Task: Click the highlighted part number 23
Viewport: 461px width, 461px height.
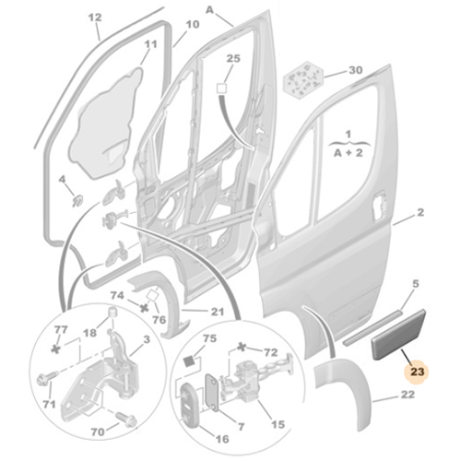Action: [x=418, y=372]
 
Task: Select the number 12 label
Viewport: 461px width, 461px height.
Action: [x=96, y=18]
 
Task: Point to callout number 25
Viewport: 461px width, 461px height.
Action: [x=232, y=58]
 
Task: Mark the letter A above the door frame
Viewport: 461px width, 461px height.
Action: [x=210, y=9]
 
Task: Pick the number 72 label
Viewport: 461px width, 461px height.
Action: [x=271, y=353]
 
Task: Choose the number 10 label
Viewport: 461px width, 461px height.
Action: [x=192, y=24]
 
